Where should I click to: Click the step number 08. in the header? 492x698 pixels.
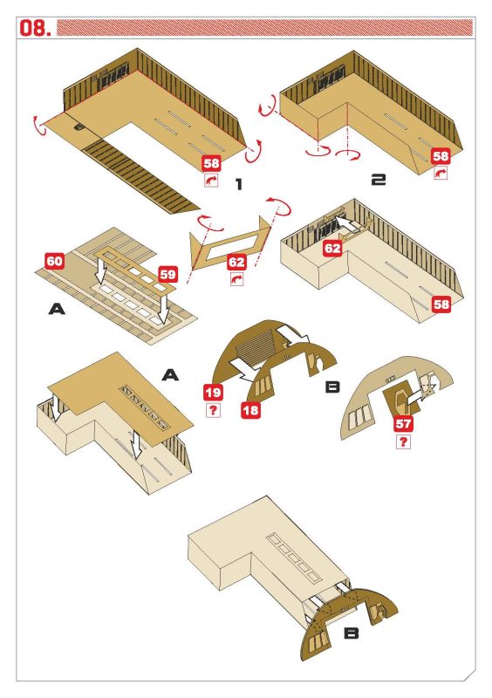pyautogui.click(x=35, y=28)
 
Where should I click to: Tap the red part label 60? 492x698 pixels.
pyautogui.click(x=55, y=261)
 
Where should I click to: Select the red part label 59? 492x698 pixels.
pyautogui.click(x=167, y=274)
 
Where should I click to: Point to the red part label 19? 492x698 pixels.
pyautogui.click(x=213, y=393)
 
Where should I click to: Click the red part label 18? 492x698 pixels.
pyautogui.click(x=250, y=409)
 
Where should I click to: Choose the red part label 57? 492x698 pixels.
pyautogui.click(x=403, y=423)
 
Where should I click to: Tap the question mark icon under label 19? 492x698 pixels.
pyautogui.click(x=213, y=410)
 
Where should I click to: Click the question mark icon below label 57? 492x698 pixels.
pyautogui.click(x=403, y=441)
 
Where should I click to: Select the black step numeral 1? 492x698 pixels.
pyautogui.click(x=239, y=184)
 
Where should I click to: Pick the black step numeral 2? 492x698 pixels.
pyautogui.click(x=379, y=180)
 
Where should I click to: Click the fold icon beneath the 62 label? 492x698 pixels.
pyautogui.click(x=236, y=279)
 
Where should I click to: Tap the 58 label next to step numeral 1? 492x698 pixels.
pyautogui.click(x=211, y=163)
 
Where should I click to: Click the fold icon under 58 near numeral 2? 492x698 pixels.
pyautogui.click(x=441, y=173)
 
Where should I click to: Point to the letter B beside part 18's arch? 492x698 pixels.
pyautogui.click(x=333, y=387)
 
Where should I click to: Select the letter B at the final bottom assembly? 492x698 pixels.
pyautogui.click(x=352, y=633)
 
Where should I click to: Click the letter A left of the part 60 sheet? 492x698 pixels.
pyautogui.click(x=57, y=309)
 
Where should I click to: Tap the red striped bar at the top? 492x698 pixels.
pyautogui.click(x=264, y=28)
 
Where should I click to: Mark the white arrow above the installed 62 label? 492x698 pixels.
pyautogui.click(x=350, y=223)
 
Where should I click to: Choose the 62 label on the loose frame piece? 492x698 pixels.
pyautogui.click(x=236, y=262)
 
